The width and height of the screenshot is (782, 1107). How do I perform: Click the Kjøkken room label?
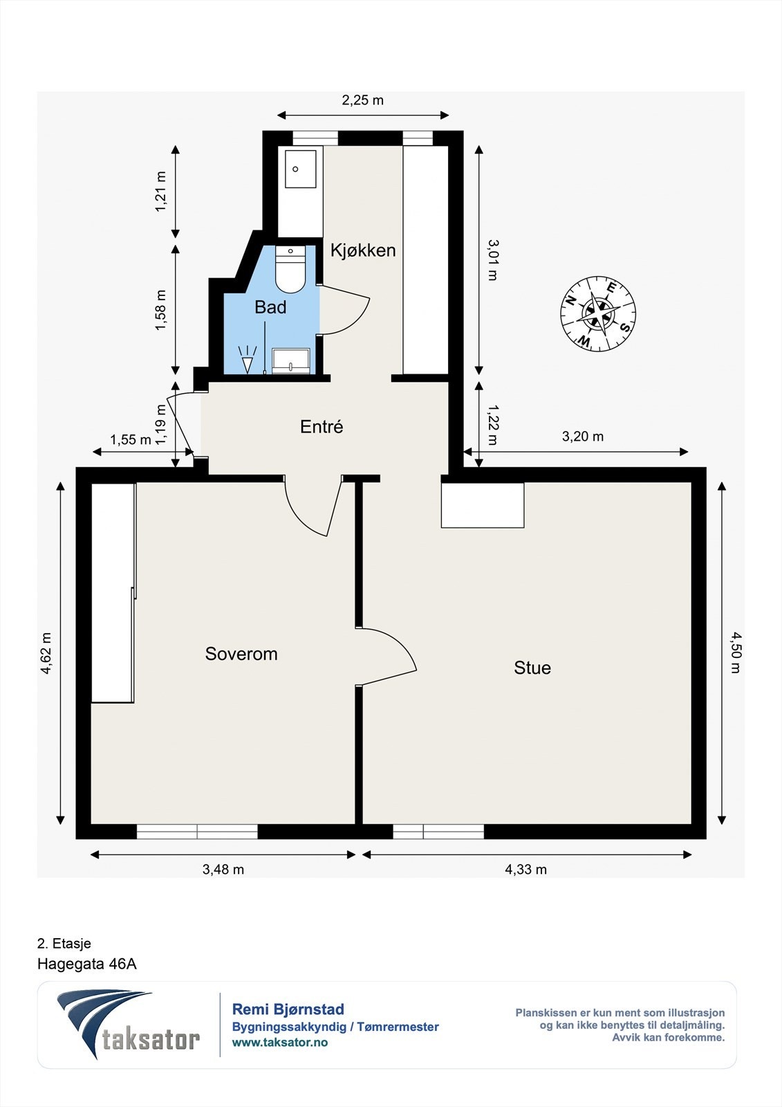[x=363, y=250]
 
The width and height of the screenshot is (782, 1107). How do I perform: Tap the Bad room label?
[x=270, y=307]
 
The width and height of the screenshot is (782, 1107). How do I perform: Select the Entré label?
[x=322, y=426]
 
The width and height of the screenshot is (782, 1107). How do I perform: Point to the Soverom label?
[x=241, y=654]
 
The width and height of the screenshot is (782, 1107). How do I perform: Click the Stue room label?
[x=532, y=668]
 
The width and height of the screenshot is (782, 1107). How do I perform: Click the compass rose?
[x=598, y=314]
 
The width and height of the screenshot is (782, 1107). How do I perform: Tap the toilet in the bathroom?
[x=290, y=270]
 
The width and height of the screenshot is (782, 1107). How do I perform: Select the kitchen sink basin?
[x=300, y=169]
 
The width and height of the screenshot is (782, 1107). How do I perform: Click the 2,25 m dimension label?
[x=362, y=100]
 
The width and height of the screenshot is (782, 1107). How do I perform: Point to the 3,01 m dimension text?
[x=492, y=260]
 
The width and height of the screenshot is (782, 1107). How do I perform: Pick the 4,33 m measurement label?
[x=525, y=869]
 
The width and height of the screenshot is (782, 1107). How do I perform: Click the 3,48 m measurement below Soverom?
[x=223, y=869]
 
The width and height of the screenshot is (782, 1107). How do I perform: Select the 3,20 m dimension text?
[x=583, y=437]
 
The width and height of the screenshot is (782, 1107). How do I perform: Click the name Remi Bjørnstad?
[x=288, y=1009]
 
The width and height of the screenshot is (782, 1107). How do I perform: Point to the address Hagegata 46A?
[x=87, y=964]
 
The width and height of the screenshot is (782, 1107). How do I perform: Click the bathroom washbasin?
[x=291, y=360]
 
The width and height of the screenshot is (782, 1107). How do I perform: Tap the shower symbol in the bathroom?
[x=247, y=359]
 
